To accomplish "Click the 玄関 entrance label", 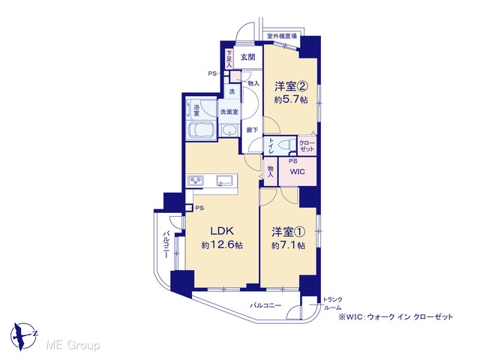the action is click(x=247, y=57).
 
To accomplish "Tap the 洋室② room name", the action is click(x=291, y=87).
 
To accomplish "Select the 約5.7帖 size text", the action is click(x=291, y=100).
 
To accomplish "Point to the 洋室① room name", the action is click(x=288, y=232).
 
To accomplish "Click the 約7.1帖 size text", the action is click(x=288, y=245).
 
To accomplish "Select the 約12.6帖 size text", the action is click(x=222, y=245).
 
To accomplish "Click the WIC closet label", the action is click(x=298, y=172).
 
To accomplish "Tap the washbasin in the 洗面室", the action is click(x=229, y=130).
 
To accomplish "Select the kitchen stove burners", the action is click(x=196, y=180).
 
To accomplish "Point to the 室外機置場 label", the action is click(x=282, y=36).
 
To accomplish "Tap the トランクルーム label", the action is click(x=333, y=304).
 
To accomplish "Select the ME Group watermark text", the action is click(x=73, y=346).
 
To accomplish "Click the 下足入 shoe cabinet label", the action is click(x=229, y=59).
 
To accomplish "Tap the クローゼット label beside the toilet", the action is click(x=307, y=146).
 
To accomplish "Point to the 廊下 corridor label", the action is click(x=252, y=130).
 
